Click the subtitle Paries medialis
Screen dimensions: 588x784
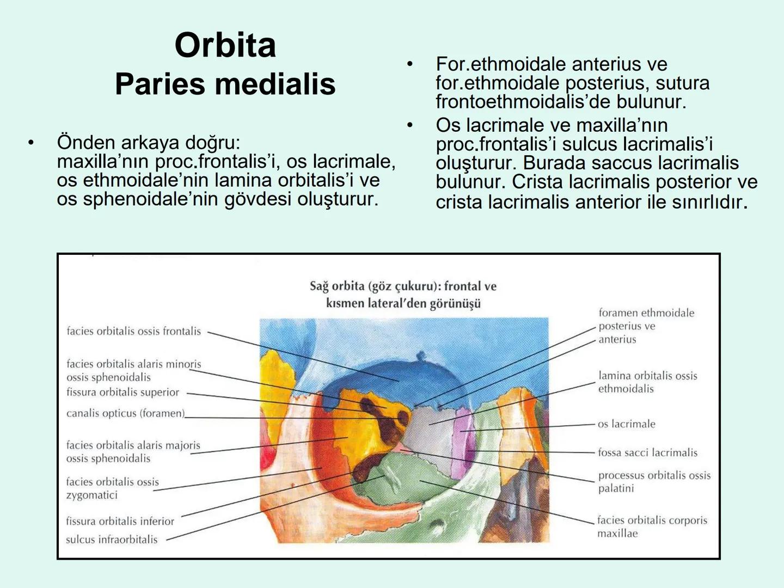[x=225, y=84]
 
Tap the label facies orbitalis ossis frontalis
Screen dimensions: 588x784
[x=133, y=331]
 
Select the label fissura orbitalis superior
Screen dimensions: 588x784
[x=122, y=392]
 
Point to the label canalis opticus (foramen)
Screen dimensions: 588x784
[x=125, y=413]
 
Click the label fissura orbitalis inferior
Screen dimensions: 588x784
[x=120, y=521]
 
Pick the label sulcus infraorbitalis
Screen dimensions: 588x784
[x=112, y=540]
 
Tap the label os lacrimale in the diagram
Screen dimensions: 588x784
[x=626, y=424]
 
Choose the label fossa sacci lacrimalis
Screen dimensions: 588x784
[x=647, y=452]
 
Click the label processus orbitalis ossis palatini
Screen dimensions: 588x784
[x=654, y=481]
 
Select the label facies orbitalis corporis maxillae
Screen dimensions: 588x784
[x=652, y=526]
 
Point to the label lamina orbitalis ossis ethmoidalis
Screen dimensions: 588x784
[x=647, y=382]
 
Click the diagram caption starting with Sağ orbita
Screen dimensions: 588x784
[x=403, y=294]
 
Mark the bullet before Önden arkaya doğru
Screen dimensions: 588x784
[x=31, y=143]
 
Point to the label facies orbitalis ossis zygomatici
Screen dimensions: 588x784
[x=112, y=488]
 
